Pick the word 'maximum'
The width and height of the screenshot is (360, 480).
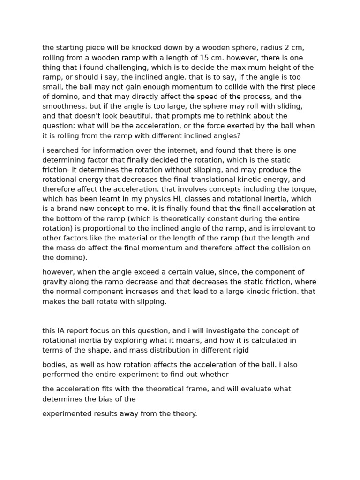pyautogui.click(x=256, y=67)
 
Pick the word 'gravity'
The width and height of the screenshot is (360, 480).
pyautogui.click(x=54, y=282)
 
